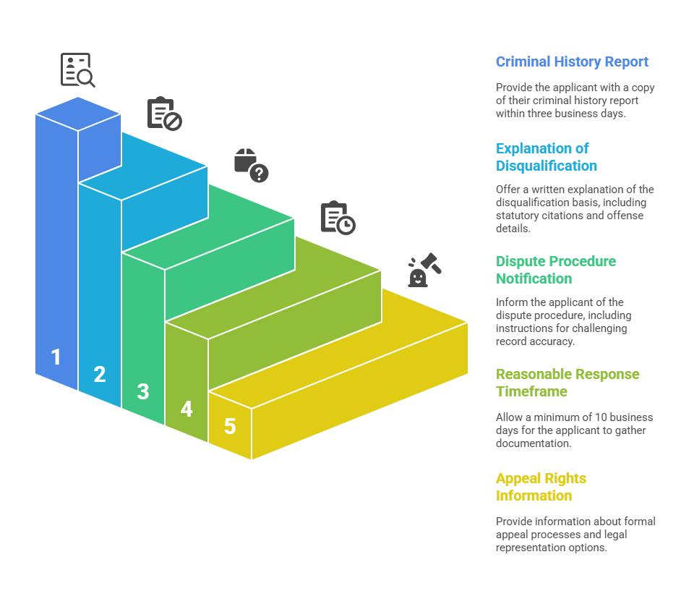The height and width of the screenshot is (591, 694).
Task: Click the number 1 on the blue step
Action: (x=56, y=357)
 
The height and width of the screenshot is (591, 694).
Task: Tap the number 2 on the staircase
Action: (x=100, y=375)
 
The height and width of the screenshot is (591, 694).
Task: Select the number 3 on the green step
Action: (x=143, y=392)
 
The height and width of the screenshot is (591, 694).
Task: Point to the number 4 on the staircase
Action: (x=187, y=409)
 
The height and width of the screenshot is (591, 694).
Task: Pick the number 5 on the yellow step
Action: (x=230, y=427)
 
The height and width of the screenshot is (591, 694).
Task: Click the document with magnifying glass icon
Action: (x=77, y=70)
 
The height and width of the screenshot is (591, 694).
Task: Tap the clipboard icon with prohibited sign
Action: (x=164, y=114)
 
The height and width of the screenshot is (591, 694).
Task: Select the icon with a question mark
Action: (x=251, y=165)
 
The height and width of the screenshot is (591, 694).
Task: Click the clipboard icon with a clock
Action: (x=338, y=217)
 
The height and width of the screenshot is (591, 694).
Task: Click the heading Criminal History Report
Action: (x=572, y=62)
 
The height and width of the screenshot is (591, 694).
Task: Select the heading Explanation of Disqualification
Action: (x=547, y=157)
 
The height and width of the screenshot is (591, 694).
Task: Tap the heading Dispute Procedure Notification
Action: (x=556, y=270)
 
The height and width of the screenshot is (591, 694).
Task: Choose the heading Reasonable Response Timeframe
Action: (x=567, y=383)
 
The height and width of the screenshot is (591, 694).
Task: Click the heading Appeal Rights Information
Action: (x=541, y=487)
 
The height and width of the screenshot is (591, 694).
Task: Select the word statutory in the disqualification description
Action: (x=518, y=216)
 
